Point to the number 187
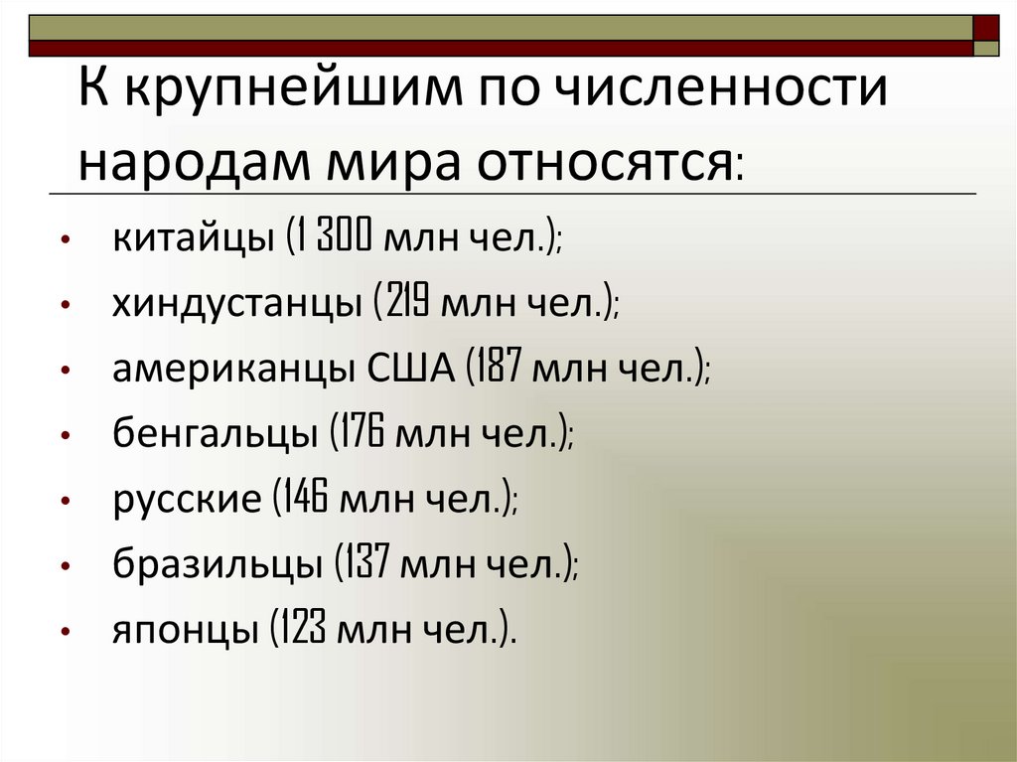pos(501,371)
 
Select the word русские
pos(186,500)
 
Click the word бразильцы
pos(217,565)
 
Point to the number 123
pos(303,631)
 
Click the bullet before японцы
pos(65,632)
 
